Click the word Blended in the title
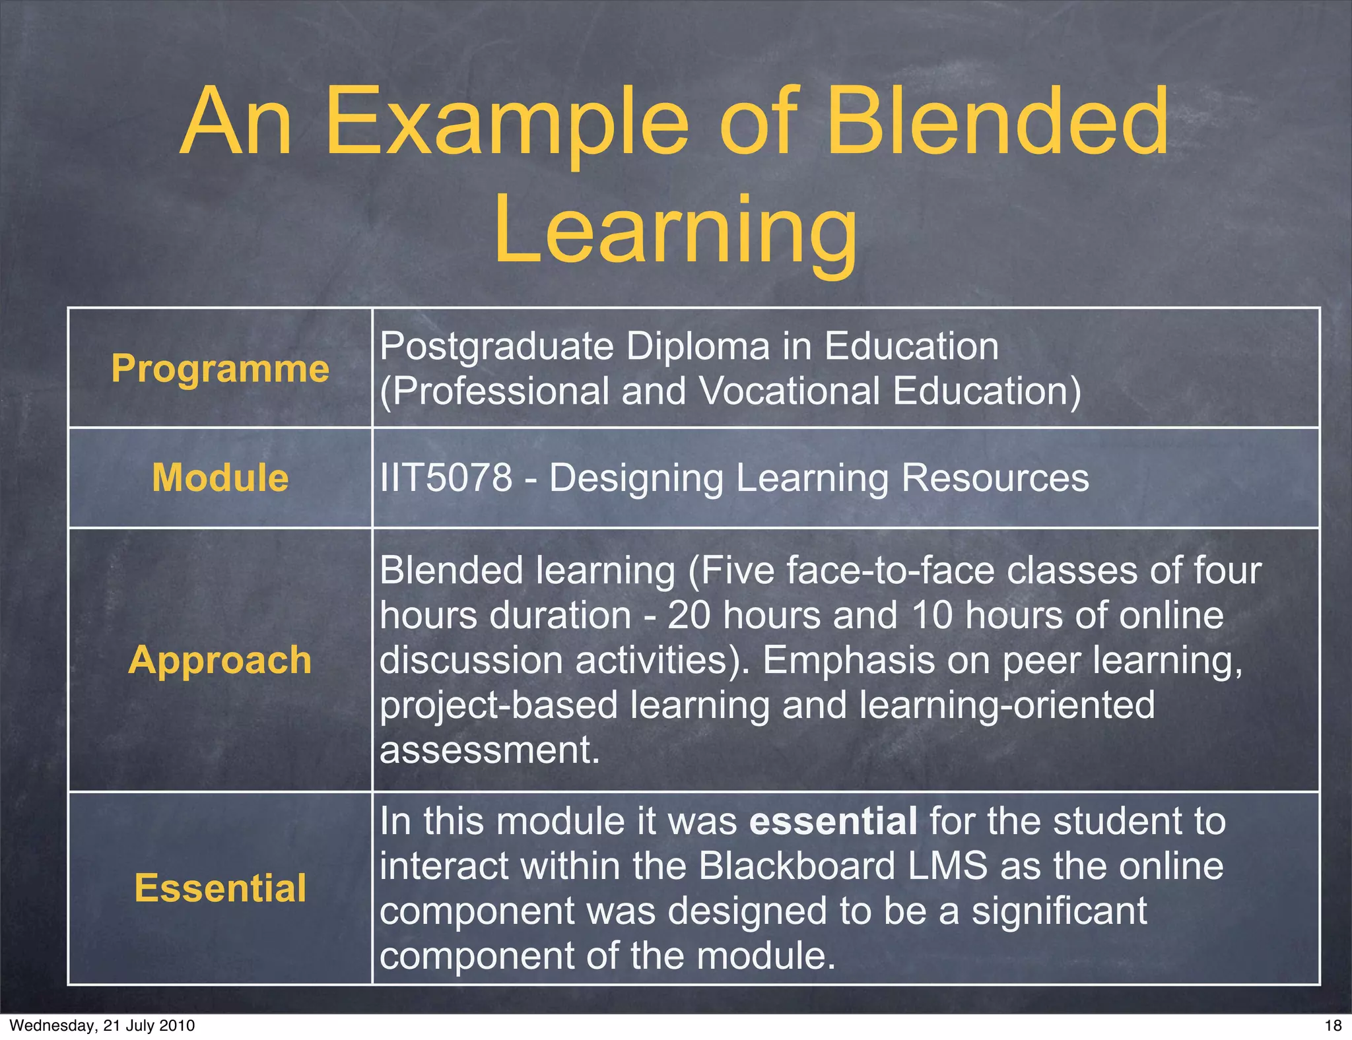click(x=997, y=122)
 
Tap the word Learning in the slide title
click(x=675, y=231)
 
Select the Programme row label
click(x=220, y=368)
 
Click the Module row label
click(x=220, y=477)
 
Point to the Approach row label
click(x=220, y=659)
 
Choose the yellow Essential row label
click(x=220, y=888)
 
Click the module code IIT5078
click(x=446, y=477)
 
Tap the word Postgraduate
click(x=496, y=346)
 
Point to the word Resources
click(x=995, y=477)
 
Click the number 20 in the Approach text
click(x=689, y=615)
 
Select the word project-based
click(x=498, y=705)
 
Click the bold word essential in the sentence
click(x=833, y=821)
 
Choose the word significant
click(x=1059, y=911)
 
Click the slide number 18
click(x=1333, y=1025)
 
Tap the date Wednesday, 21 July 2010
click(x=102, y=1025)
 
